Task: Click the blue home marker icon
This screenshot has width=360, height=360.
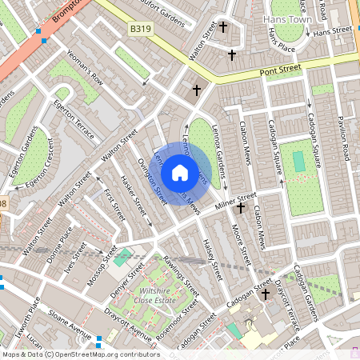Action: coord(180,172)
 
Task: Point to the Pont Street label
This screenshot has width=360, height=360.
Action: coord(280,70)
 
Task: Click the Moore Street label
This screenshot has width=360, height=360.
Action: coord(241,246)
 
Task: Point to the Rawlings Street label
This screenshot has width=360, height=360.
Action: coord(181,273)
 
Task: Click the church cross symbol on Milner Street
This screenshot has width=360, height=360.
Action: coord(240,208)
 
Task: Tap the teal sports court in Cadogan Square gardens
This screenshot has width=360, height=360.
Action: coord(299,162)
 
